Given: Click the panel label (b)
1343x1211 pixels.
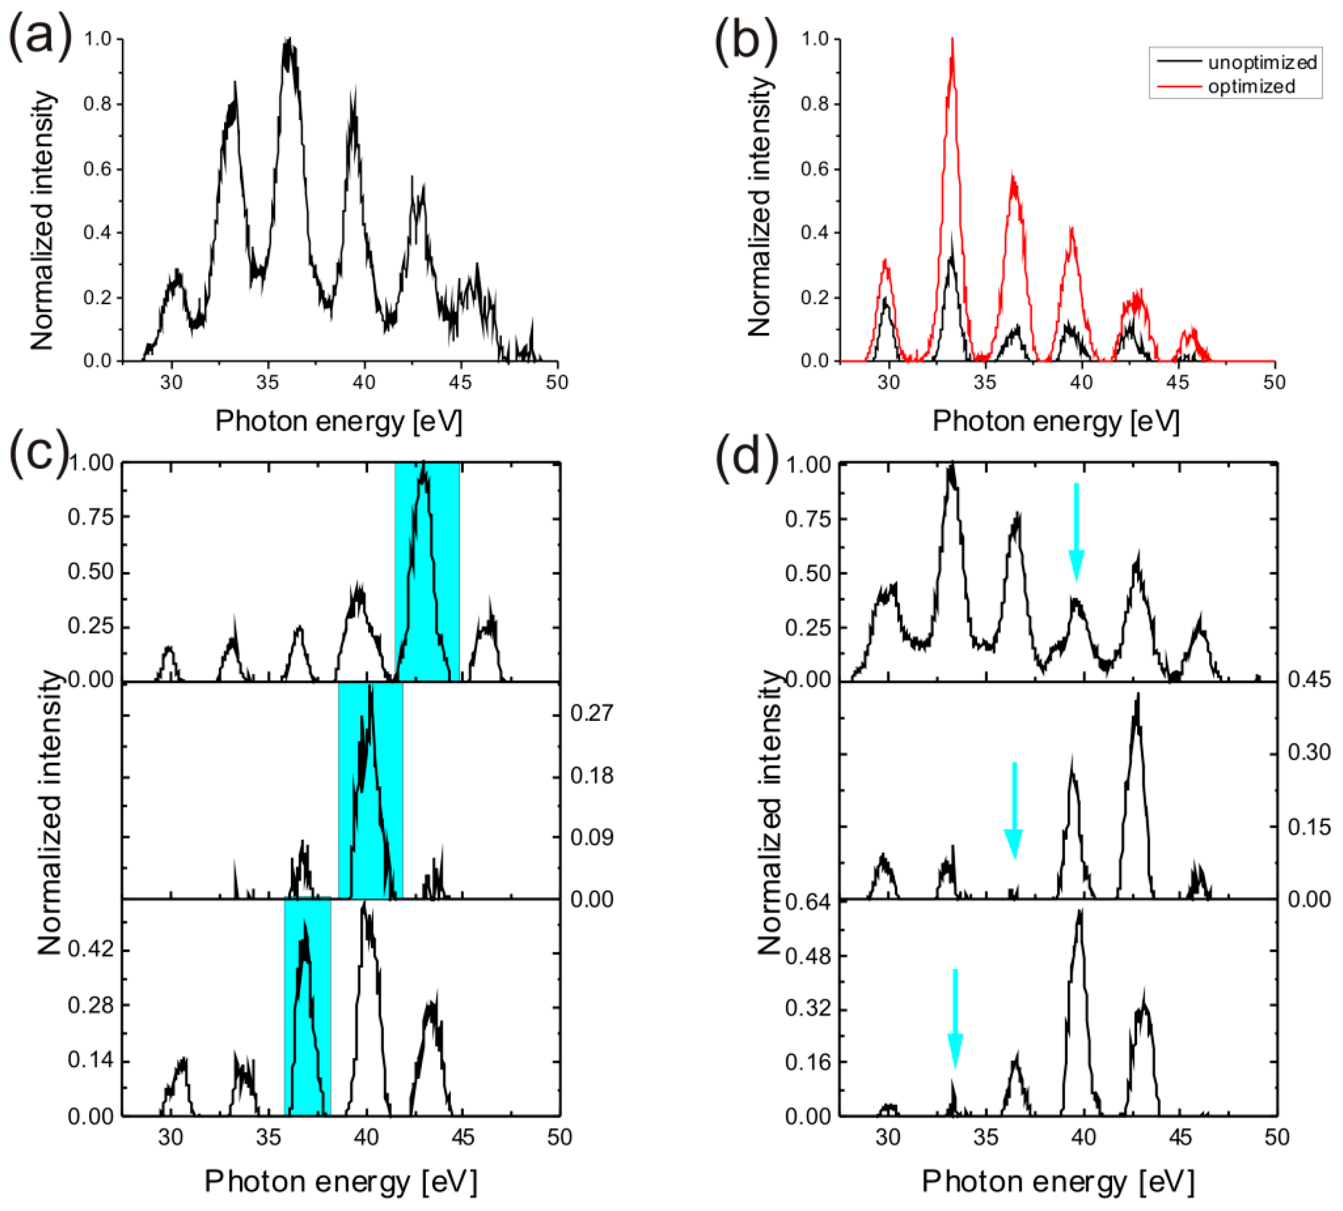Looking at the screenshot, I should click(745, 41).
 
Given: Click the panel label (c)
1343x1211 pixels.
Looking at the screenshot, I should click(38, 453).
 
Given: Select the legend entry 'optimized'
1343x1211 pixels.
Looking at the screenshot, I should click(1251, 86).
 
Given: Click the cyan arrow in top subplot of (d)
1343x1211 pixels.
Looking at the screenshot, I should click(1076, 532).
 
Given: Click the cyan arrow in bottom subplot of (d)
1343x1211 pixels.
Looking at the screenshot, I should click(955, 1018).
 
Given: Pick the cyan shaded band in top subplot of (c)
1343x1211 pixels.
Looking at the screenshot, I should click(427, 572).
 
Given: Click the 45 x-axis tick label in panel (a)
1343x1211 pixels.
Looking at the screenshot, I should click(460, 383).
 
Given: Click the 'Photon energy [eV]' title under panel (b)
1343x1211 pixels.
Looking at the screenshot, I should click(1055, 421).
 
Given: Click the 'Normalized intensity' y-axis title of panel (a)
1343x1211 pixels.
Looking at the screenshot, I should click(41, 219).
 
